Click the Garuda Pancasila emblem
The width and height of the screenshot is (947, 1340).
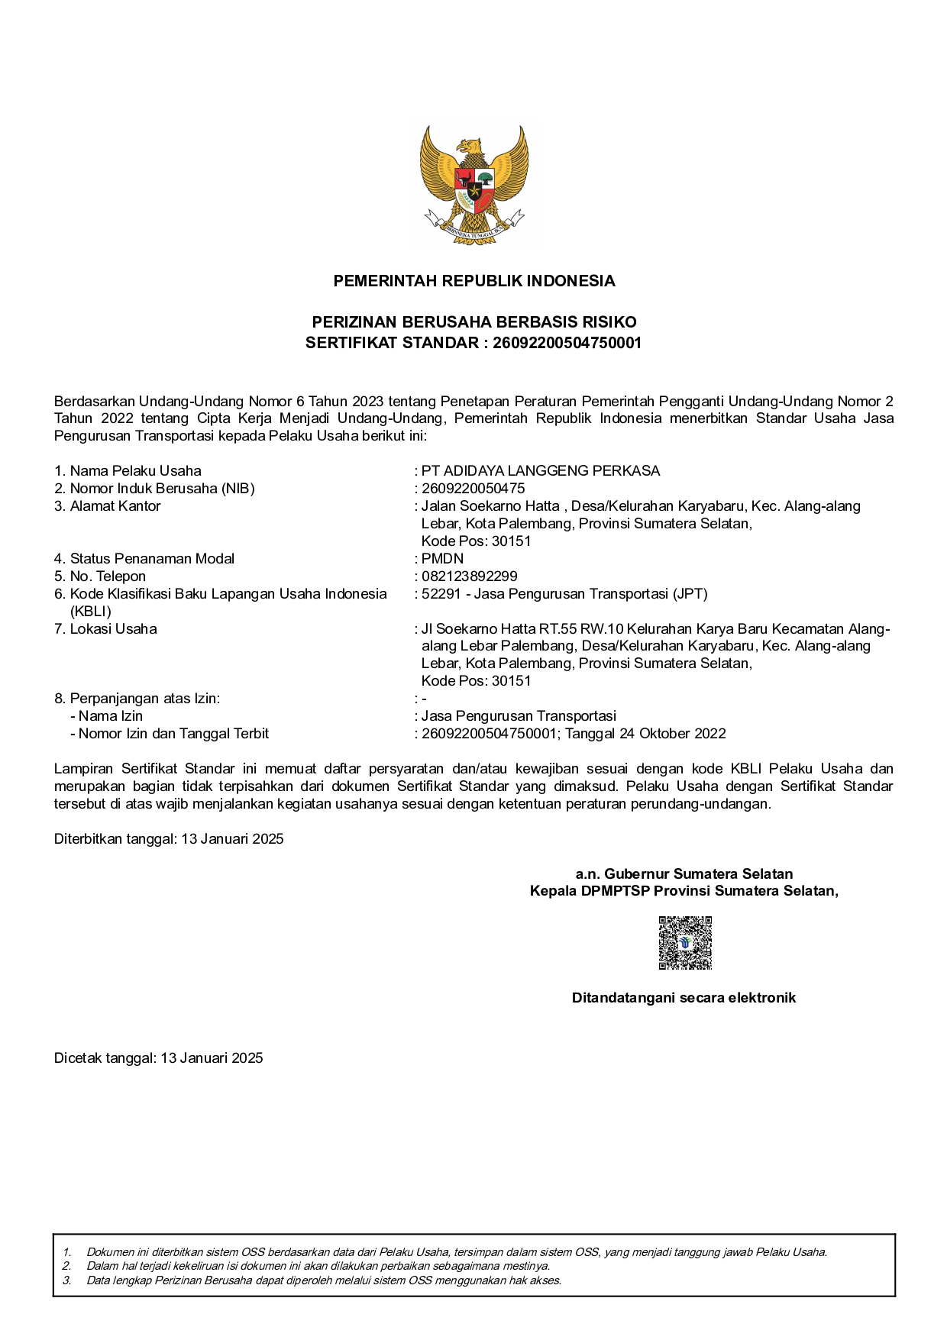coord(473,185)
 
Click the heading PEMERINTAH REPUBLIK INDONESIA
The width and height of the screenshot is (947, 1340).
coord(473,281)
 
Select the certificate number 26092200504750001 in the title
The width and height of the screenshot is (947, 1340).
coord(567,343)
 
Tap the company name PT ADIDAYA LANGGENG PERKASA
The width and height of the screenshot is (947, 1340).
coord(541,471)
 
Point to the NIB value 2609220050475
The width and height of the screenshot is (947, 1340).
coord(473,489)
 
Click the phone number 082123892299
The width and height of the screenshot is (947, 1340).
coord(469,576)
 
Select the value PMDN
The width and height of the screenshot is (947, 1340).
coord(442,559)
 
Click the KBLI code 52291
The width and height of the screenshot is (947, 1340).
coord(441,594)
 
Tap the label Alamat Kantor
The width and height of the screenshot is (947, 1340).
coord(115,506)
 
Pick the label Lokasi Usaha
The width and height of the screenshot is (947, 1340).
coord(113,629)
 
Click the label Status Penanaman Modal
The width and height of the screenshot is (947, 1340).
coord(152,559)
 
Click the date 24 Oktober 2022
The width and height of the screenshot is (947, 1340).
coord(672,734)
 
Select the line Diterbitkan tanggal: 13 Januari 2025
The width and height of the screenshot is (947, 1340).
coord(169,839)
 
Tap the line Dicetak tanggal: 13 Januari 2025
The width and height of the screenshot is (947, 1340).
coord(159,1058)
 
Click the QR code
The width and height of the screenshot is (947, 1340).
coord(685,943)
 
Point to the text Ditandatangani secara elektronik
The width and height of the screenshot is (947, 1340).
coord(684,998)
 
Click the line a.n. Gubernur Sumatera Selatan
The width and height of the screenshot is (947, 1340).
coord(684,874)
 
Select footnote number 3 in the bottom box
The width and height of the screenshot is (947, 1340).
coord(67,1280)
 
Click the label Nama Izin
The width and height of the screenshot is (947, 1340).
coord(111,716)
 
